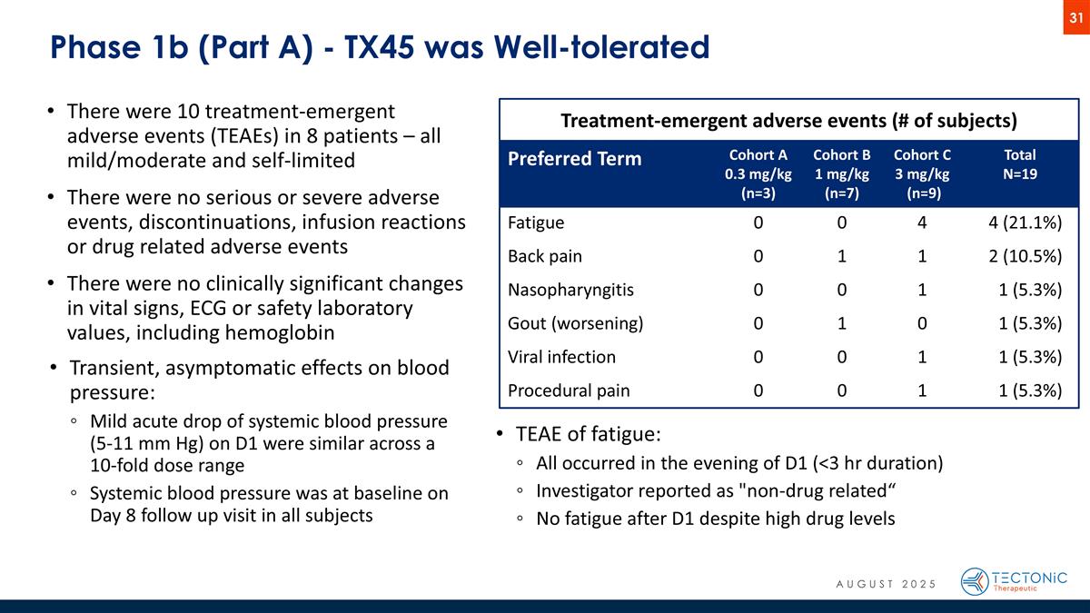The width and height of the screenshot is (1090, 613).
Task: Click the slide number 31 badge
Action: [x=1076, y=18]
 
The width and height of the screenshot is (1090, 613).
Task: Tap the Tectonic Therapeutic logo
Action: [x=1014, y=581]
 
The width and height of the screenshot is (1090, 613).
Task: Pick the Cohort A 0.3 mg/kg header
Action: [x=757, y=173]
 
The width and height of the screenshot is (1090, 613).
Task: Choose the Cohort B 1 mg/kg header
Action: [x=841, y=173]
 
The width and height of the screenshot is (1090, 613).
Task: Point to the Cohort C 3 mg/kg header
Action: [x=922, y=173]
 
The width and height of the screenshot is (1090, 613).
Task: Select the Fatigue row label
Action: [x=536, y=223]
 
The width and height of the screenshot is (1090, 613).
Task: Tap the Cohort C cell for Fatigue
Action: [x=922, y=223]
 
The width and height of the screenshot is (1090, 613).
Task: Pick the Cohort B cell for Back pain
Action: [x=842, y=257]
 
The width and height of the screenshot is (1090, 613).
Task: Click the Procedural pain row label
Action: [x=569, y=391]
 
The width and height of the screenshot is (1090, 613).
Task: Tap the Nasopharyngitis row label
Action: [x=570, y=291]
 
